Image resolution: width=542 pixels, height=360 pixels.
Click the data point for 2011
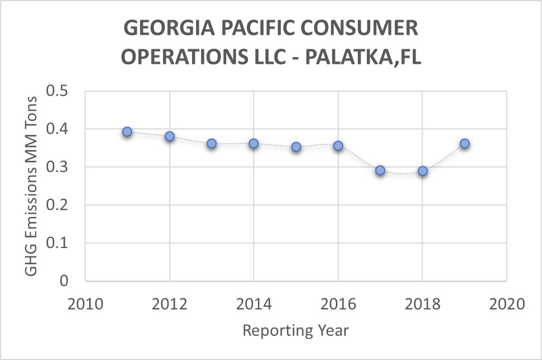tap(127, 132)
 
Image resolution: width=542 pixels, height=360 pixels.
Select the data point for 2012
tap(170, 136)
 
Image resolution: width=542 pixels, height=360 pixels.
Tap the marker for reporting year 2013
tap(212, 143)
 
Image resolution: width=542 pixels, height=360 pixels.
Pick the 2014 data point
tap(254, 143)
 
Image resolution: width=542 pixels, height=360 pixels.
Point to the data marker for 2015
tap(296, 147)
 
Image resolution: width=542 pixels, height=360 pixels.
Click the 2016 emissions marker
tap(338, 146)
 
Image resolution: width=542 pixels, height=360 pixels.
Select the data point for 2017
tap(380, 170)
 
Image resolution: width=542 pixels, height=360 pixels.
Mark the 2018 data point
tap(423, 171)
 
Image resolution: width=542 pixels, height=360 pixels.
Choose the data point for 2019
tap(465, 143)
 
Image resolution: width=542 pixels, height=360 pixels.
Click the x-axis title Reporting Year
tap(296, 330)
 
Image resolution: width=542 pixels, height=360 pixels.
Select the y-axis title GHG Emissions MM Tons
tap(32, 185)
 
